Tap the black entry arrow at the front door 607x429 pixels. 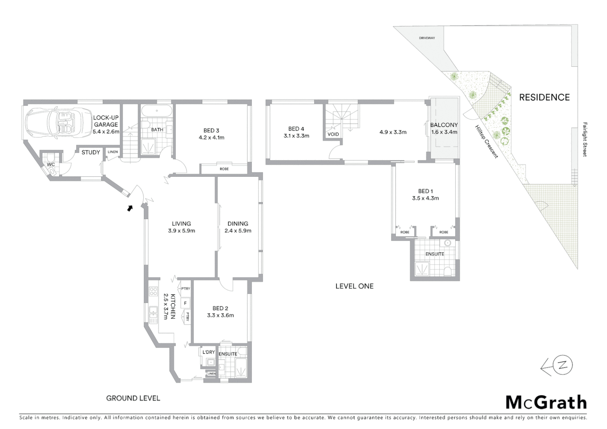pyautogui.click(x=130, y=208)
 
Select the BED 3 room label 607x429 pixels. pyautogui.click(x=211, y=131)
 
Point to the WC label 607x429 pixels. pyautogui.click(x=51, y=164)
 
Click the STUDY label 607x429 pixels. pyautogui.click(x=91, y=152)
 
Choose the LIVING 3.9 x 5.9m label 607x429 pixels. pyautogui.click(x=181, y=227)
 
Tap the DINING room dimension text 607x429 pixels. pyautogui.click(x=238, y=230)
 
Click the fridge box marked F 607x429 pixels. pyautogui.click(x=185, y=303)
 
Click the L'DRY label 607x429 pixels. pyautogui.click(x=209, y=352)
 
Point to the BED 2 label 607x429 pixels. pyautogui.click(x=220, y=308)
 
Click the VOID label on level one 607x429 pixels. pyautogui.click(x=333, y=134)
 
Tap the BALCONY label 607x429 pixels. pyautogui.click(x=444, y=125)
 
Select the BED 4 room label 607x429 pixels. pyautogui.click(x=296, y=129)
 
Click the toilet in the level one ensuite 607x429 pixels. pyautogui.click(x=448, y=271)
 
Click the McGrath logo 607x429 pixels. pyautogui.click(x=546, y=402)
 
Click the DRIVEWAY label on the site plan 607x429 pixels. pyautogui.click(x=427, y=38)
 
